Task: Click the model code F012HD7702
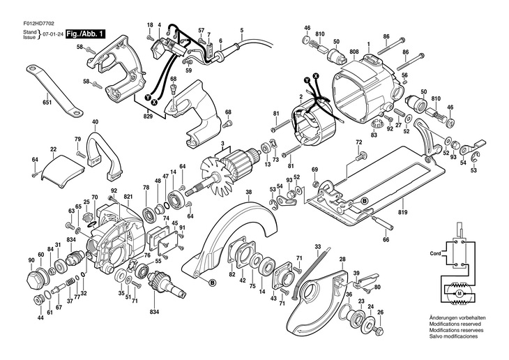pos(26,21)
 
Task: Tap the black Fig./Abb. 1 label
pos(87,33)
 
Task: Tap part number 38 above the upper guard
pos(248,192)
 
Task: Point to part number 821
pos(128,198)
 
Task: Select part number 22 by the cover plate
pos(54,149)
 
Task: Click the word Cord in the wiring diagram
pos(436,253)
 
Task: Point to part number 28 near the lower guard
pos(342,260)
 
